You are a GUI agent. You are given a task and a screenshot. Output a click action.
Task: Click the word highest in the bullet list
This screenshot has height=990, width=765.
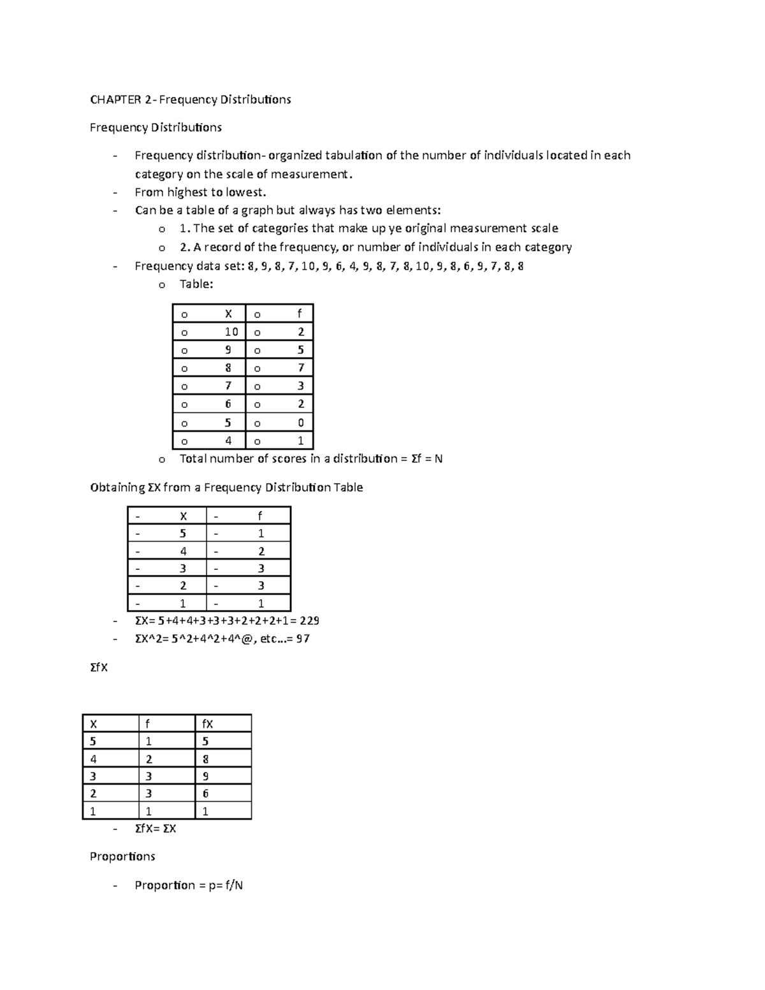pyautogui.click(x=188, y=193)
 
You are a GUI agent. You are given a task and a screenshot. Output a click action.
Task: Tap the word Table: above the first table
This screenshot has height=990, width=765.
pyautogui.click(x=196, y=284)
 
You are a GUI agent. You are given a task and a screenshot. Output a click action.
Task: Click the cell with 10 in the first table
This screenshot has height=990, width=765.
pyautogui.click(x=231, y=331)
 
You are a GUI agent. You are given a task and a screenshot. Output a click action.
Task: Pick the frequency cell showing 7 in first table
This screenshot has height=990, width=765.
pyautogui.click(x=301, y=368)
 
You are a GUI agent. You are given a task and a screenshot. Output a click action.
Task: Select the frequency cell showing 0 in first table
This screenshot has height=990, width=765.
pyautogui.click(x=301, y=423)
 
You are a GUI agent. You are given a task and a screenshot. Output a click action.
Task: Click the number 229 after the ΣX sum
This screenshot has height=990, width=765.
pyautogui.click(x=309, y=621)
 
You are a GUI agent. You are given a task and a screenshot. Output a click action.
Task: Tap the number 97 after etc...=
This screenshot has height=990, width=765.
pyautogui.click(x=303, y=639)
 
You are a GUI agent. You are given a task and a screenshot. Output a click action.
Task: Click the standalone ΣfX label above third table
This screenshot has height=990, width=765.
pyautogui.click(x=99, y=667)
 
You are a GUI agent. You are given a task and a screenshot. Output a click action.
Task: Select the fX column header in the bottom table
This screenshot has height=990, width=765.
pyautogui.click(x=207, y=724)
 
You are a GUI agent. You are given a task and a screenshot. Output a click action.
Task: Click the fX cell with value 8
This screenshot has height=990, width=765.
pyautogui.click(x=205, y=759)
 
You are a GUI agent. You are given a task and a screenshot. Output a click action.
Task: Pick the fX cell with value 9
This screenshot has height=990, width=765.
pyautogui.click(x=205, y=776)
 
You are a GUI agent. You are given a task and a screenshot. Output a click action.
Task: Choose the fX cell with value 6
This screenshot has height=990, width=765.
pyautogui.click(x=205, y=794)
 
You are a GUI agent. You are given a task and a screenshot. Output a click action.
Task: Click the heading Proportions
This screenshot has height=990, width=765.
pyautogui.click(x=122, y=856)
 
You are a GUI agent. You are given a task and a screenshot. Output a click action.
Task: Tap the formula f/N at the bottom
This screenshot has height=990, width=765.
pyautogui.click(x=234, y=885)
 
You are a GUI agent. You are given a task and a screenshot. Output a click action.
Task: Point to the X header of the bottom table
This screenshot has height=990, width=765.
pyautogui.click(x=94, y=724)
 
